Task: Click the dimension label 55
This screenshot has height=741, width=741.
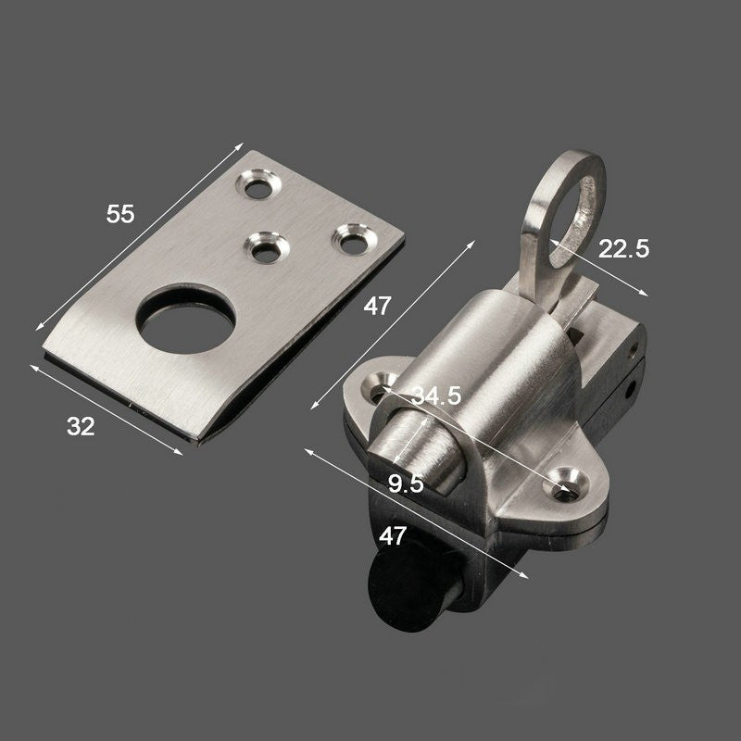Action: [120, 214]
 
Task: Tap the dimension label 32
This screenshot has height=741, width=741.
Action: [81, 426]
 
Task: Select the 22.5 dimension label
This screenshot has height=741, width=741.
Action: [623, 248]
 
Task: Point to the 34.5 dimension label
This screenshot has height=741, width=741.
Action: [435, 396]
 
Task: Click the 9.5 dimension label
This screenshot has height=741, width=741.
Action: [406, 484]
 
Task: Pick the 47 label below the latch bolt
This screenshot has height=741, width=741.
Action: [392, 536]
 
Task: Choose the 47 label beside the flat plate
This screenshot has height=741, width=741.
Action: [378, 307]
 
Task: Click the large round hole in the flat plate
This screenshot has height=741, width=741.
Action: [186, 320]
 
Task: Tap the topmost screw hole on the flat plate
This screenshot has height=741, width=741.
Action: [258, 184]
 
